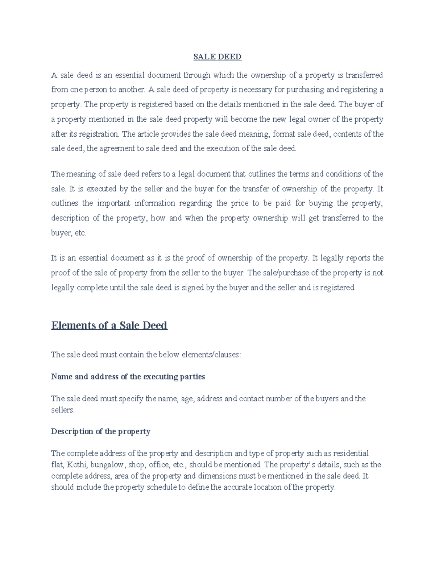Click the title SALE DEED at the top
coord(217,57)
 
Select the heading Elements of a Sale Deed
coord(109,325)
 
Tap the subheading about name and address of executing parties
coord(128,377)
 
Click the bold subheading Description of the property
coord(100,431)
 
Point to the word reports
coord(359,258)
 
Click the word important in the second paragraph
coord(113,203)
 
